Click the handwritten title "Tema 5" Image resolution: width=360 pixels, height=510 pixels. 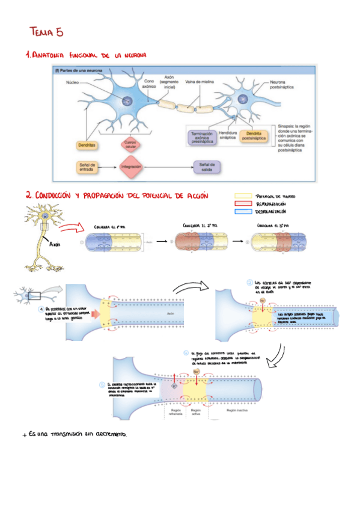click(46, 32)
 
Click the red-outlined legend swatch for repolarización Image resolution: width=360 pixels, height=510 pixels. click(243, 204)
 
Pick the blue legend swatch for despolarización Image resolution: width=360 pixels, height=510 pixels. click(243, 212)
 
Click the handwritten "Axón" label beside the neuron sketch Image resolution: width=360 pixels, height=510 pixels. click(55, 245)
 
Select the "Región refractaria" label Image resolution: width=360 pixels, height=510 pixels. click(175, 412)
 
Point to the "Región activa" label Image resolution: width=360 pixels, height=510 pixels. click(196, 412)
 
